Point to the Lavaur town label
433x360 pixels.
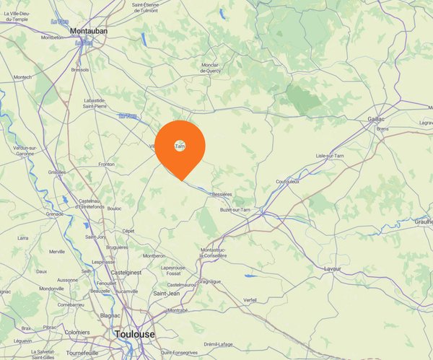tap(333, 268)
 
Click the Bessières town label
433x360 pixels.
tap(222, 194)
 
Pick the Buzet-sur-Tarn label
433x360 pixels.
tap(235, 209)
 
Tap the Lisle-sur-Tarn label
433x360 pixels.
tap(329, 156)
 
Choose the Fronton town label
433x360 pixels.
tap(106, 164)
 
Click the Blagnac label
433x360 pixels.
tap(110, 315)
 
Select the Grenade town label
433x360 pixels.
tap(55, 214)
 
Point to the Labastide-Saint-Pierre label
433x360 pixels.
tap(105, 103)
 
